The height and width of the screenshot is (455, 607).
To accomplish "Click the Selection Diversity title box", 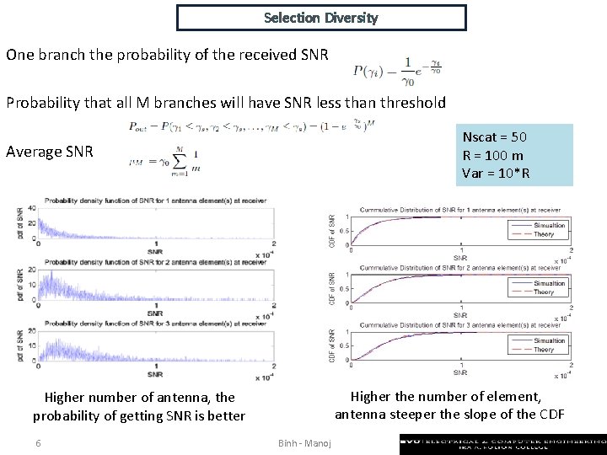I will [x=321, y=18].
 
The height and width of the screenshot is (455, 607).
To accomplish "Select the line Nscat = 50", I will [x=495, y=137].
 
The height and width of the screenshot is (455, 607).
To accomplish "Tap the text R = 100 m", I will [x=492, y=155].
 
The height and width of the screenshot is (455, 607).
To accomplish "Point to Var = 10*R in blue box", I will [x=496, y=174].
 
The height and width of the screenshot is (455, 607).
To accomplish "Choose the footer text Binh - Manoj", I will [x=304, y=444].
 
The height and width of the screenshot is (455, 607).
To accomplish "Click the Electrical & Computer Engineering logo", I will [x=502, y=443].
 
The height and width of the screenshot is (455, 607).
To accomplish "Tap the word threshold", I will [x=411, y=103].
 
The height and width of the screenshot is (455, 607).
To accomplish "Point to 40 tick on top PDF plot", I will [x=30, y=208].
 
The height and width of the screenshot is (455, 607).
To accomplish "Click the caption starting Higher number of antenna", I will [x=139, y=406].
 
